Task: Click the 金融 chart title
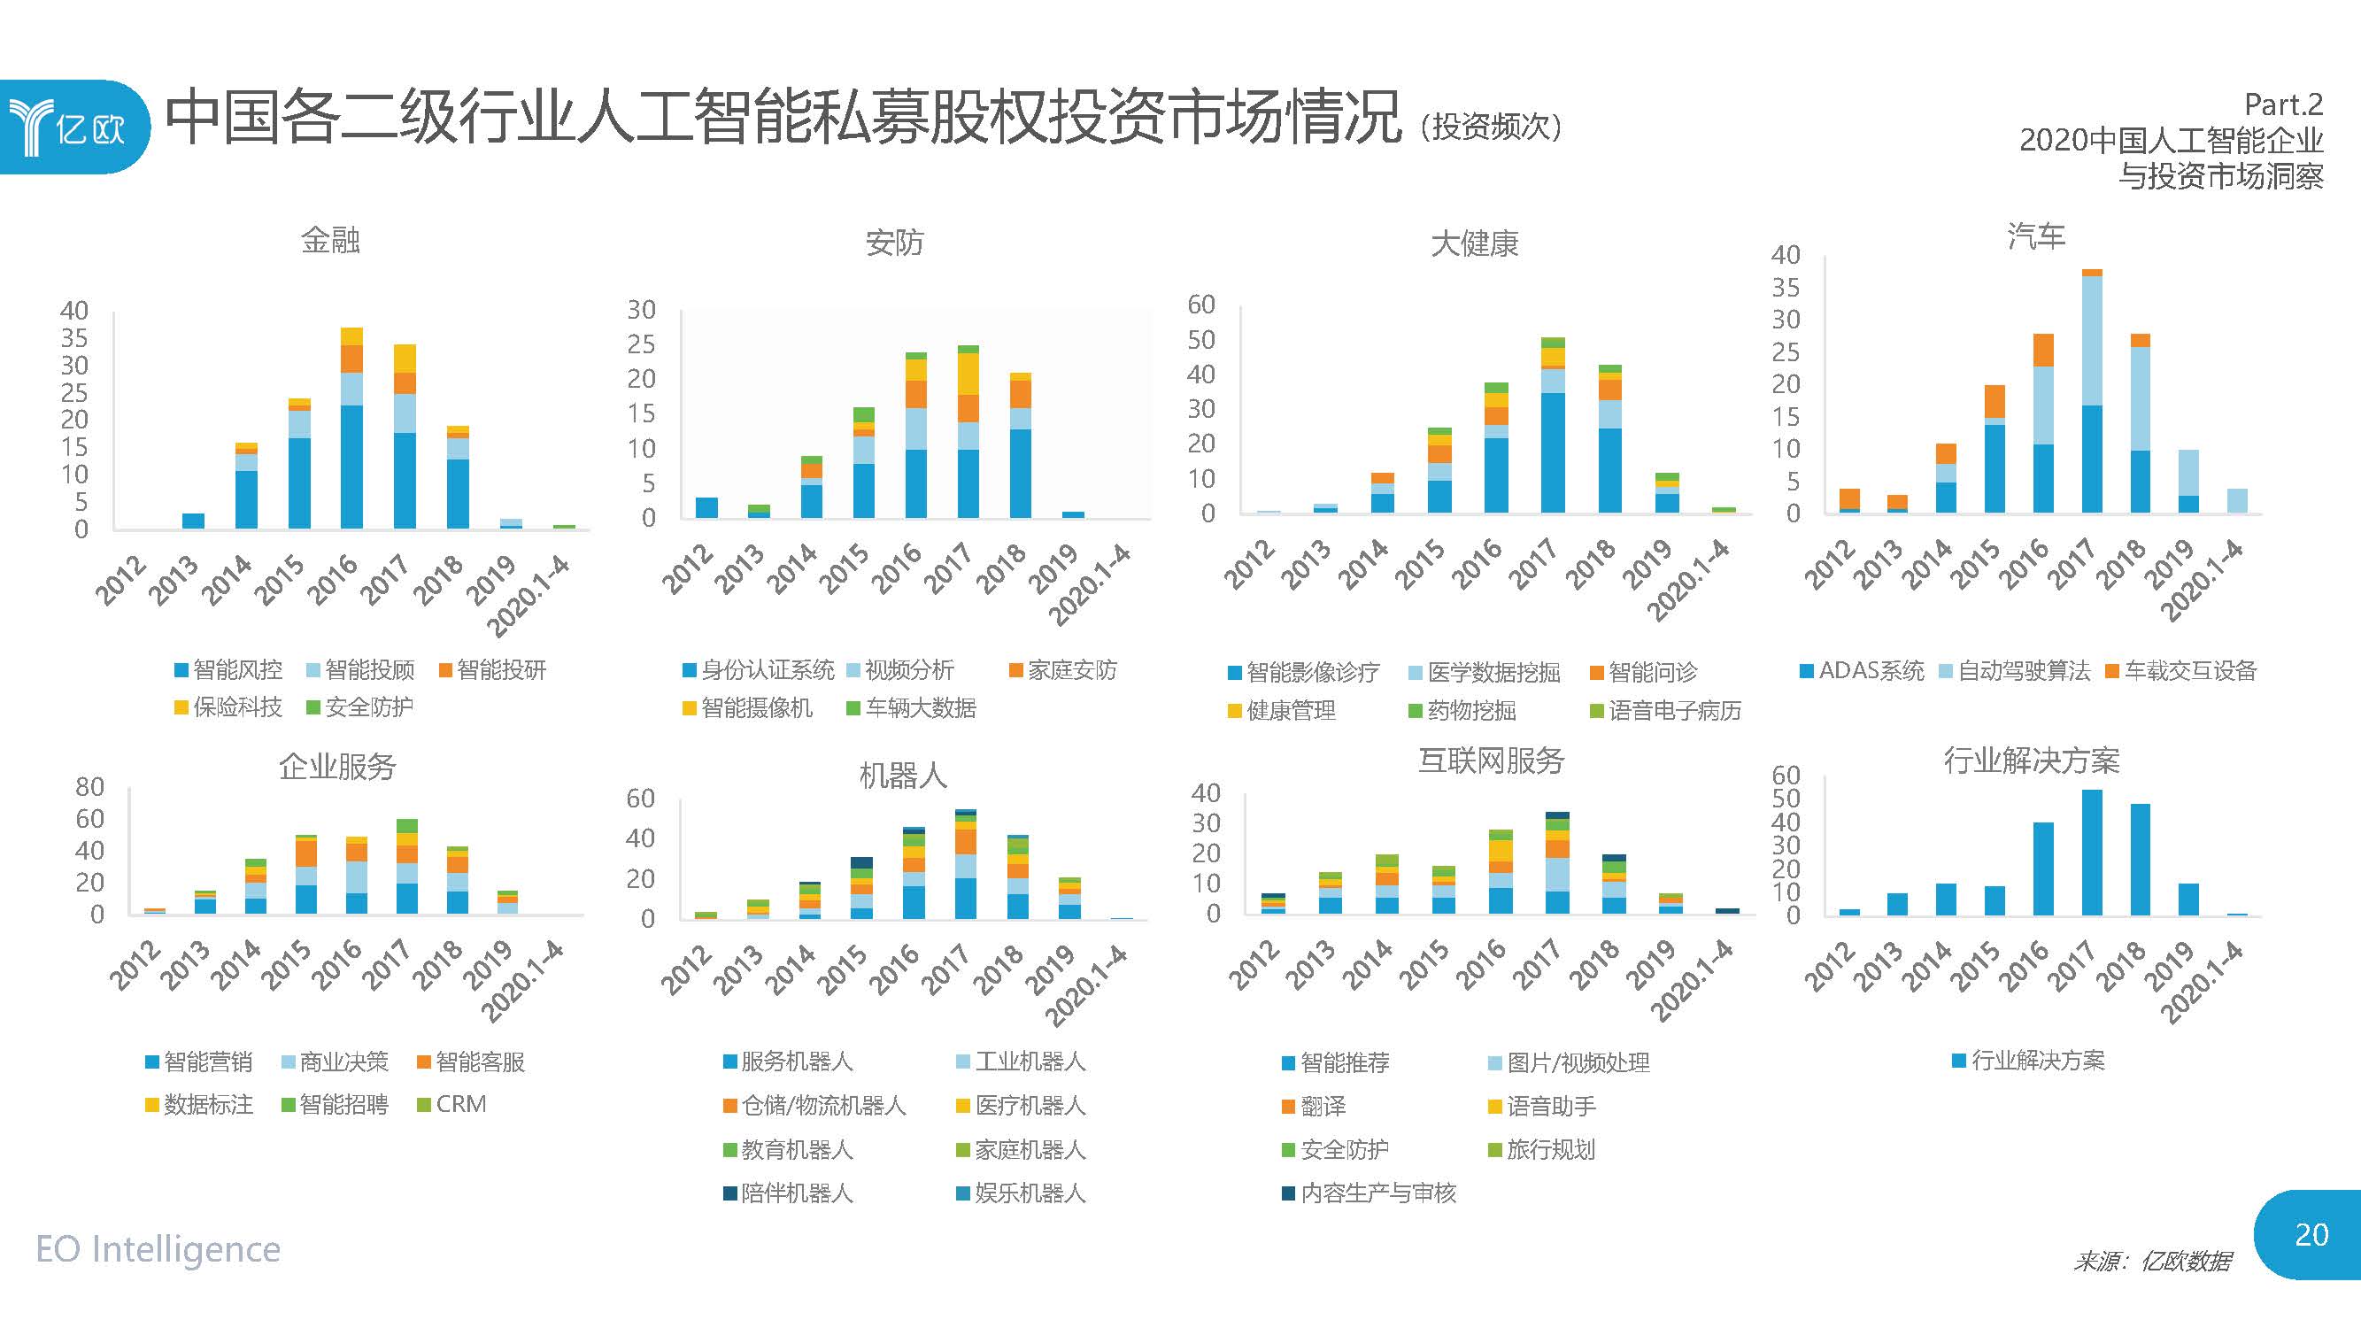tap(330, 240)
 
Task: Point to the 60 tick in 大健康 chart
tap(1200, 305)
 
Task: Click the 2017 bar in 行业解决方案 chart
tap(2092, 853)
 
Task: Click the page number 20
tap(2311, 1234)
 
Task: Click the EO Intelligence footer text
tap(158, 1249)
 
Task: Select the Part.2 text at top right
tap(2283, 105)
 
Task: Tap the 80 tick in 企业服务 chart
tap(89, 786)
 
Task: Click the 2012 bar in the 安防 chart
tap(706, 507)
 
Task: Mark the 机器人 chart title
tap(902, 776)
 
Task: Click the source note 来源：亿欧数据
tap(2151, 1262)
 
